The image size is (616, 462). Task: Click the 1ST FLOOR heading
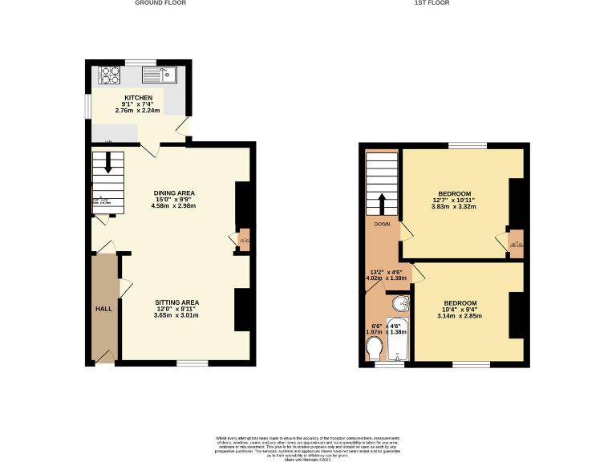(x=431, y=3)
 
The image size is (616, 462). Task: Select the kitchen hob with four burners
(x=110, y=75)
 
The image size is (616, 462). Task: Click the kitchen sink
(x=159, y=75)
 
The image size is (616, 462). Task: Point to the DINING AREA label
(x=174, y=193)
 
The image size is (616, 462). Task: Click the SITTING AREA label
(x=176, y=302)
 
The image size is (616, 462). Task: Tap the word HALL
(x=103, y=308)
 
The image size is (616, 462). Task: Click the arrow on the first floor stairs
(x=382, y=201)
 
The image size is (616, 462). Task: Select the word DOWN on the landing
(x=382, y=225)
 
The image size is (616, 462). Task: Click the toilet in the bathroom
(x=374, y=349)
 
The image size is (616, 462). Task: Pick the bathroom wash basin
(x=400, y=303)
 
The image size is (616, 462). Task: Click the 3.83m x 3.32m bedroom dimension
(x=454, y=206)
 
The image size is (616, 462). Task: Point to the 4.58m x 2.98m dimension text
(x=173, y=206)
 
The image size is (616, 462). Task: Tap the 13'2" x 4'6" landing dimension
(x=387, y=272)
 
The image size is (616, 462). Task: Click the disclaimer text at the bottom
(x=307, y=446)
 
